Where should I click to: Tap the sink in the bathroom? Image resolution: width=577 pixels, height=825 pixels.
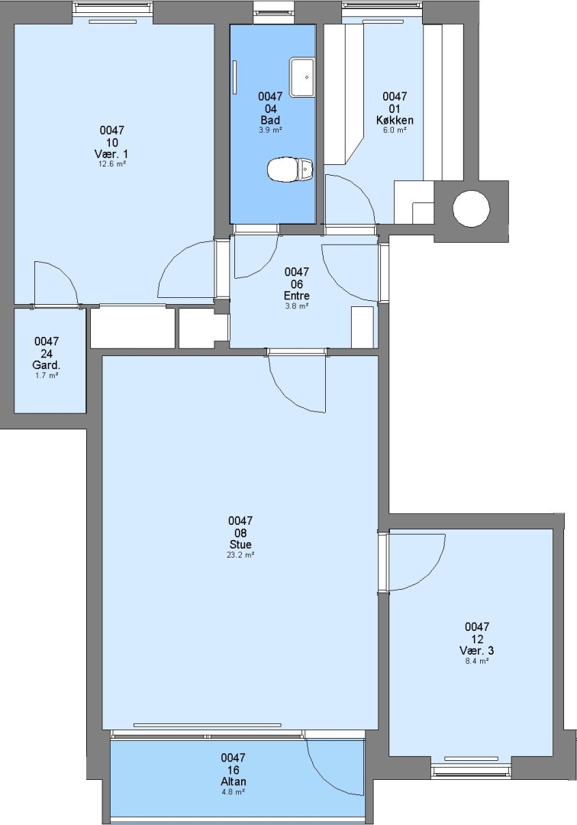(302, 78)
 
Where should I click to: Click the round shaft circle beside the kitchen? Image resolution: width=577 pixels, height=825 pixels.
(471, 209)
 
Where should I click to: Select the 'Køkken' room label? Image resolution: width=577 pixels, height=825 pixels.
(395, 120)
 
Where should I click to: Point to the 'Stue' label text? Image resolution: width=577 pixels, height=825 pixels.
(240, 545)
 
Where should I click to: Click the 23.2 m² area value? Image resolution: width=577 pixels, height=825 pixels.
(240, 555)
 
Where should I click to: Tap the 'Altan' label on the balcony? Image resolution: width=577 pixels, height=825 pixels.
(234, 781)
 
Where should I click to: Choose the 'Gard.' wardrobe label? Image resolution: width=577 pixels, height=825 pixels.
(47, 365)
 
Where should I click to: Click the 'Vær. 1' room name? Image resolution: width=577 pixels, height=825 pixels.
(111, 154)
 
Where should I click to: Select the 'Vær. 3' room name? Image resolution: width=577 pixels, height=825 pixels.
(476, 650)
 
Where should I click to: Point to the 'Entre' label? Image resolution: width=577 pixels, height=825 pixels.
(296, 296)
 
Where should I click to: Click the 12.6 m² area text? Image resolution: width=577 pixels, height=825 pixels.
(112, 163)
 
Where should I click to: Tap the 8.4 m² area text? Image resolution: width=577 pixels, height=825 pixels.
(477, 660)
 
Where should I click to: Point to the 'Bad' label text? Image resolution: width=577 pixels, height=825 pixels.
(270, 120)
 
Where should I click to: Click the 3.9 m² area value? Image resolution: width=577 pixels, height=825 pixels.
(270, 129)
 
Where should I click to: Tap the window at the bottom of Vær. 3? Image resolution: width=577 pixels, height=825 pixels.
(471, 772)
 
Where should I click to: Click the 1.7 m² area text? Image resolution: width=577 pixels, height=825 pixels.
(47, 375)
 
